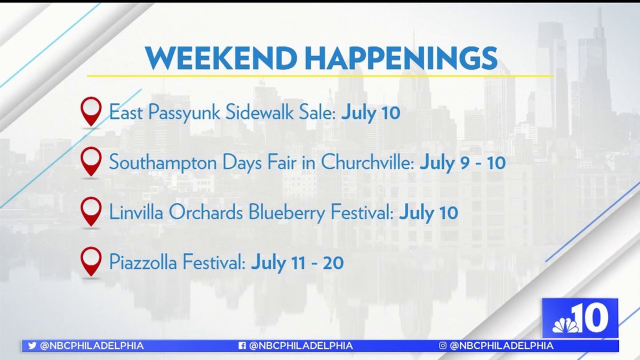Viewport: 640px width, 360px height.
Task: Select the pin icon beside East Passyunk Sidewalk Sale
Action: click(91, 111)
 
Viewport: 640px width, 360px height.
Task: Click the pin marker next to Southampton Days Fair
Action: click(91, 162)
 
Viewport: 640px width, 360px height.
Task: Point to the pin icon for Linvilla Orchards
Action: click(91, 212)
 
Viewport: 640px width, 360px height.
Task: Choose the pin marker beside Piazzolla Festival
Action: click(91, 261)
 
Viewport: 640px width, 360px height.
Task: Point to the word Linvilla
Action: click(132, 213)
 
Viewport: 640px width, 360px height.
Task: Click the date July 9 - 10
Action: click(462, 163)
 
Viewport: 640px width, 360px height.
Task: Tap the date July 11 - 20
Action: click(297, 263)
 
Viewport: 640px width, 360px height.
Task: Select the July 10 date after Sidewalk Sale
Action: click(370, 113)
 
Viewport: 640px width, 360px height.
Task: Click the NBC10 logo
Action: click(580, 318)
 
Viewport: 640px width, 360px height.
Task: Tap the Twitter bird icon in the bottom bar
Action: click(32, 346)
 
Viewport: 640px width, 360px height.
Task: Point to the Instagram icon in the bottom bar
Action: click(443, 346)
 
